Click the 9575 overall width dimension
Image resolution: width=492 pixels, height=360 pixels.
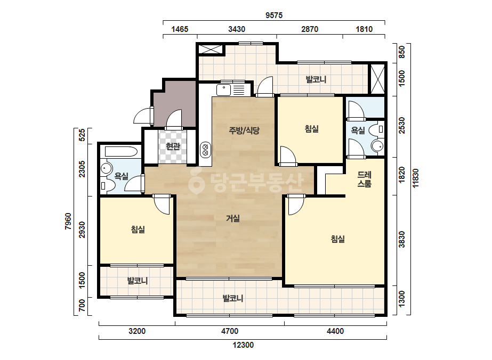pyautogui.click(x=274, y=15)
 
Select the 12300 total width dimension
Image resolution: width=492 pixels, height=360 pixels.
pyautogui.click(x=243, y=345)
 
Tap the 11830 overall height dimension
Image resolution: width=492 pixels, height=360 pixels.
pyautogui.click(x=415, y=178)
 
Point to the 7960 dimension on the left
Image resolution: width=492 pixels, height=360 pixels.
pyautogui.click(x=68, y=222)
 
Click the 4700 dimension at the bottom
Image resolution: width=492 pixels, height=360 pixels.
pyautogui.click(x=230, y=331)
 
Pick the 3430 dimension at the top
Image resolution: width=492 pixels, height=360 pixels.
pyautogui.click(x=237, y=29)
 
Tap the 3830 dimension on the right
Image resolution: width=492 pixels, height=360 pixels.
pyautogui.click(x=401, y=240)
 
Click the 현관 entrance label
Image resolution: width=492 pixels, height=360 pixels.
pyautogui.click(x=173, y=146)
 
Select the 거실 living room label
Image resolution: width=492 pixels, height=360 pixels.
pyautogui.click(x=233, y=218)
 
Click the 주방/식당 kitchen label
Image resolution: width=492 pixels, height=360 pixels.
pyautogui.click(x=244, y=130)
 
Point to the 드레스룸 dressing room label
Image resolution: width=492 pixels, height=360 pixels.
pyautogui.click(x=364, y=179)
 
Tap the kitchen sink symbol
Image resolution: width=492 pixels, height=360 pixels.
pyautogui.click(x=224, y=90)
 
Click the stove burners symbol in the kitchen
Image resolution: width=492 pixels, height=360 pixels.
pyautogui.click(x=206, y=150)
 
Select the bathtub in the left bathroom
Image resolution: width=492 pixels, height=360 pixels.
pyautogui.click(x=121, y=152)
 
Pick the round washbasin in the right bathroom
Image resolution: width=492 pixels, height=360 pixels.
pyautogui.click(x=377, y=146)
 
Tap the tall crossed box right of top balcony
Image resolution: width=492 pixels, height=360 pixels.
pyautogui.click(x=377, y=79)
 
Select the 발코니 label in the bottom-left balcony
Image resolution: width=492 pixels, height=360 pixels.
pyautogui.click(x=138, y=281)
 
